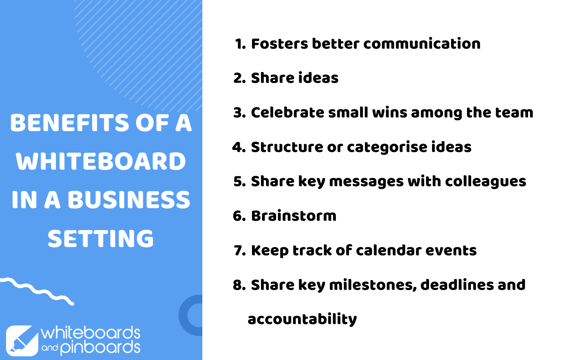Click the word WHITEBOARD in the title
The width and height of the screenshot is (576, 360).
pos(101,161)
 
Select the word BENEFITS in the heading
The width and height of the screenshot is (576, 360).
pos(70,123)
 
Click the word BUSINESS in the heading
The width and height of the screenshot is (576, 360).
pos(129,200)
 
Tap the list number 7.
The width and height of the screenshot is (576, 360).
pos(240,251)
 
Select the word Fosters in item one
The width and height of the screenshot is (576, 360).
pos(279,44)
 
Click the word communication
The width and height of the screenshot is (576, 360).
pos(422,44)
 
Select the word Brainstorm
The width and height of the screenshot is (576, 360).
pos(294,216)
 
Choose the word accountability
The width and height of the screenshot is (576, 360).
pos(302,320)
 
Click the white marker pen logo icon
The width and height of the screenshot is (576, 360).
pos(22,341)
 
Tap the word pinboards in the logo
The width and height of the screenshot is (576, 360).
pos(100,348)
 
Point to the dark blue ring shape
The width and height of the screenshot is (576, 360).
pos(183,315)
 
